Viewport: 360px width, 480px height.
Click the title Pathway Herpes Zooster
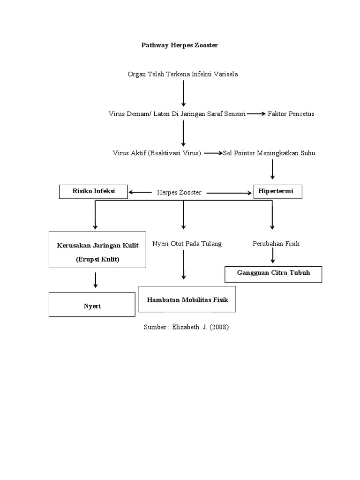180,45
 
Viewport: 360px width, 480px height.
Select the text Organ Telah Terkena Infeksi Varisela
183,75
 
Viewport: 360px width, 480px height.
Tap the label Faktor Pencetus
291,114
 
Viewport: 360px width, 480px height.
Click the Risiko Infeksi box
93,191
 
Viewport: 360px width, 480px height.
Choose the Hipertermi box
277,191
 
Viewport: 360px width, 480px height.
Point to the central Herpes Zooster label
179,193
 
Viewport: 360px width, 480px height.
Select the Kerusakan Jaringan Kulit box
97,252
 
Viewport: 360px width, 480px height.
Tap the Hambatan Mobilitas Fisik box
187,299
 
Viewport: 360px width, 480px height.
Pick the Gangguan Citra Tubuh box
273,274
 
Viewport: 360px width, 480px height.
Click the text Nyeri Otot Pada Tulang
187,244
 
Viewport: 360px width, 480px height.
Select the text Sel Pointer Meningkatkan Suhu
269,153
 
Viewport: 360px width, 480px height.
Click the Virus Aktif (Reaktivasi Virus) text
157,153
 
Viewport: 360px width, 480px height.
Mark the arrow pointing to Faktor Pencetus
256,114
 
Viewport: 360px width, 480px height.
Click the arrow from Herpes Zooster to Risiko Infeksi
140,192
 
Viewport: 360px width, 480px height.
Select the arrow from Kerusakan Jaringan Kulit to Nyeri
96,280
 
